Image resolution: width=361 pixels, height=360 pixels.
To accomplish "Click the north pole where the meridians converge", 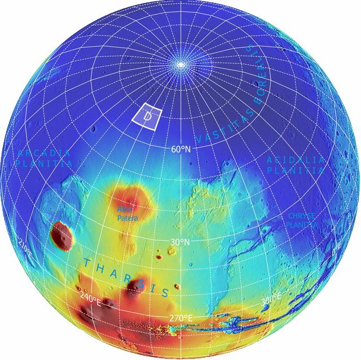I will (180, 65).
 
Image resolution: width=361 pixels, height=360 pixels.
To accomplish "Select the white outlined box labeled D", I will (147, 116).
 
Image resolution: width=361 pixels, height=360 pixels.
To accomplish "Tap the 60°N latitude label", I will (180, 150).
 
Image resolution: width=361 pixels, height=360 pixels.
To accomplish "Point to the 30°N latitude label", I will (180, 242).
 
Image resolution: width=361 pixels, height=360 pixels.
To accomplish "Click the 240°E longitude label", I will (90, 296).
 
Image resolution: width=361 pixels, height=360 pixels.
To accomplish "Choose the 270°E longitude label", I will (180, 318).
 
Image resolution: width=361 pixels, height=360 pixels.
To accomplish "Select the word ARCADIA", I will (44, 153).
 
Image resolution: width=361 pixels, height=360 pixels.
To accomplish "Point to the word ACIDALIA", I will (296, 160).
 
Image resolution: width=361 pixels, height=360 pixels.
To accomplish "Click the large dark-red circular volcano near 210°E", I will (61, 234).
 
